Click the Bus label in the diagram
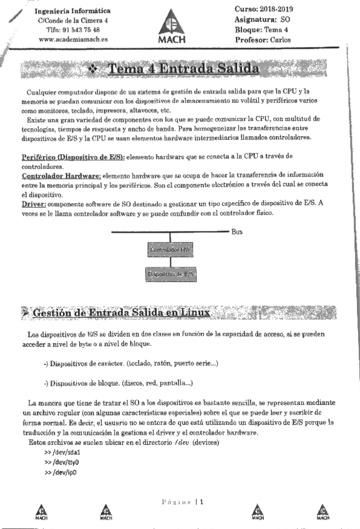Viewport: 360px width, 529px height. (x=237, y=231)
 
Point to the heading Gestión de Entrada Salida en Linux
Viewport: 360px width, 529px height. (x=121, y=312)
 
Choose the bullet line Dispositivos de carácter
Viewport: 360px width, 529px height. (x=130, y=362)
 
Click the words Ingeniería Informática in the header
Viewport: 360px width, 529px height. (x=74, y=11)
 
